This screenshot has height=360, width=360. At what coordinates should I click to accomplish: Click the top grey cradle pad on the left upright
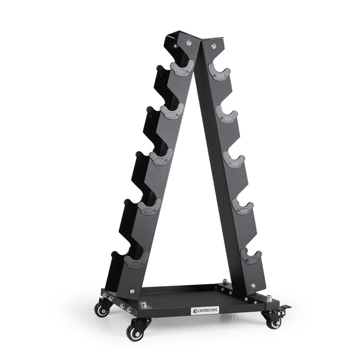tap(181, 67)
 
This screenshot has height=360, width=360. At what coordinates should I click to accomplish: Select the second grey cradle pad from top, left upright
tap(173, 112)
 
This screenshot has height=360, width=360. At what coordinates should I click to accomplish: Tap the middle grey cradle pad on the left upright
tap(160, 158)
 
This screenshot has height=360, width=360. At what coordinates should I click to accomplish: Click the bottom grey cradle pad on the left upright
tap(137, 260)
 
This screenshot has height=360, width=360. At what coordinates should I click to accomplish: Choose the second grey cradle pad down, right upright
tap(227, 114)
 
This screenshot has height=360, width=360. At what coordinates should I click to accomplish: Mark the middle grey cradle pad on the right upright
tap(235, 160)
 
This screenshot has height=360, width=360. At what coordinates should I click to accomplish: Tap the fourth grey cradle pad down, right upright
tap(242, 207)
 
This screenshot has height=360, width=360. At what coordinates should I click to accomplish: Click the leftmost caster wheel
tap(102, 310)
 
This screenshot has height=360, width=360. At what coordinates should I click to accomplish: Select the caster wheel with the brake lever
tap(274, 322)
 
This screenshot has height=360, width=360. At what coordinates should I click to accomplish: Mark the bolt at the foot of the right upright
tap(253, 286)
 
